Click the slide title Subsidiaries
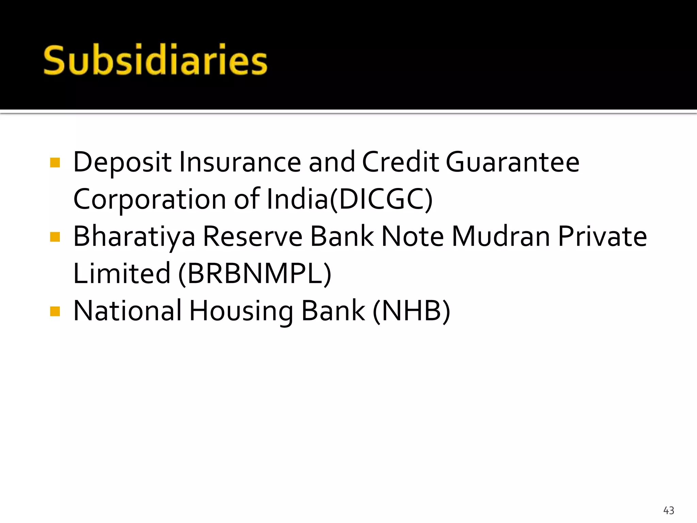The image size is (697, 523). (x=156, y=60)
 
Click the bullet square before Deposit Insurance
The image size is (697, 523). (x=55, y=162)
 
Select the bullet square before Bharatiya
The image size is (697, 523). (x=55, y=237)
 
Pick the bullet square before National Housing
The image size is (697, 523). (x=55, y=311)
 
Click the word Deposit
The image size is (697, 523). (x=122, y=162)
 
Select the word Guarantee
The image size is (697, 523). (x=513, y=162)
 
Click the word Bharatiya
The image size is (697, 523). (x=134, y=237)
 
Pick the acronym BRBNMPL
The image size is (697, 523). (x=255, y=274)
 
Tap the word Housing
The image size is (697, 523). (x=241, y=311)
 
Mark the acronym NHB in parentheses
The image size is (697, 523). (x=411, y=311)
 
